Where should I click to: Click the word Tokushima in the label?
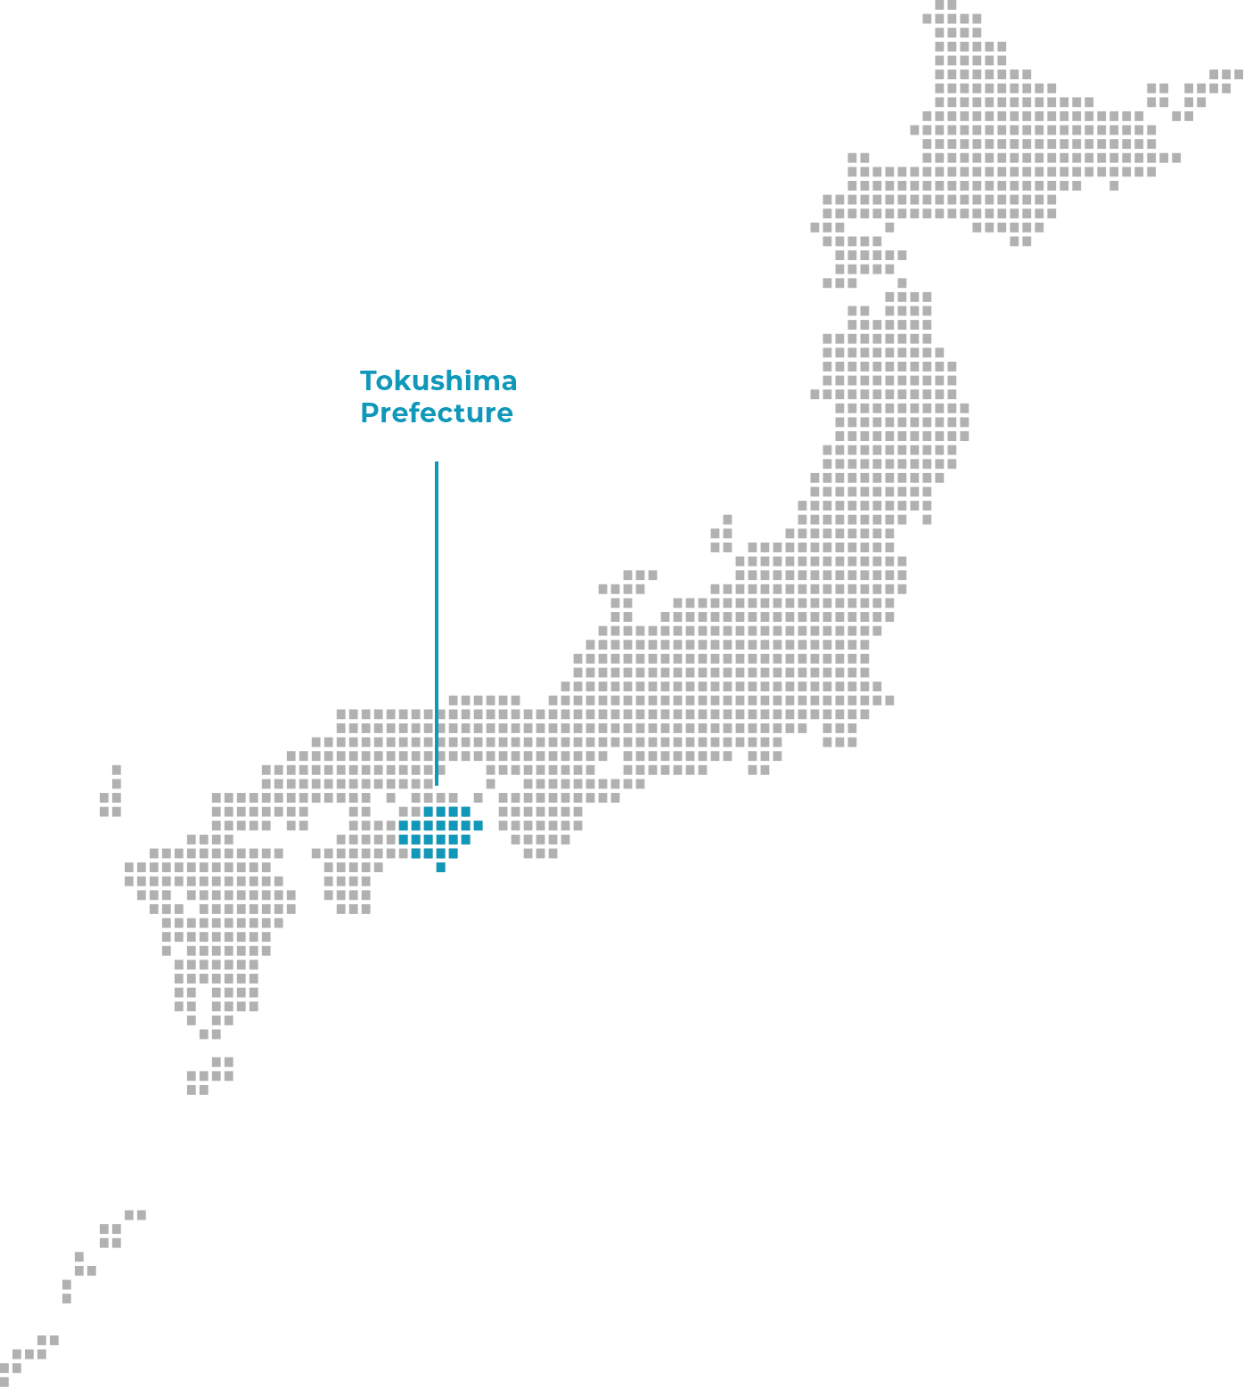[438, 381]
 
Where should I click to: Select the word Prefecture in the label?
[437, 413]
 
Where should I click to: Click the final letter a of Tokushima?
[509, 384]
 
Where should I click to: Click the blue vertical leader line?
[437, 624]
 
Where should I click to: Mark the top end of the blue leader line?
[437, 462]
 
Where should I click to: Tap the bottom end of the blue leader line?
[437, 785]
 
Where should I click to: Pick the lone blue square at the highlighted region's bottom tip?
[440, 868]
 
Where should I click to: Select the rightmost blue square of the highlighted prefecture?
[479, 825]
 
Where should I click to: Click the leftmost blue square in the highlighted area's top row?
[428, 812]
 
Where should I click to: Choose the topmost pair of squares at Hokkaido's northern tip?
[945, 4]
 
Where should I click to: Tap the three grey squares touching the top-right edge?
[1226, 74]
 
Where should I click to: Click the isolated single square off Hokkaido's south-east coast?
[1114, 185]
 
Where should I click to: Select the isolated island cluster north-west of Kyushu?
[112, 790]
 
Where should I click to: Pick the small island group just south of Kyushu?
[210, 1075]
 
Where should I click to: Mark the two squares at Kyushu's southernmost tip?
[210, 1034]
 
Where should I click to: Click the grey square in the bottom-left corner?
[4, 1382]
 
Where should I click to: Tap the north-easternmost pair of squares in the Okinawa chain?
[135, 1215]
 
